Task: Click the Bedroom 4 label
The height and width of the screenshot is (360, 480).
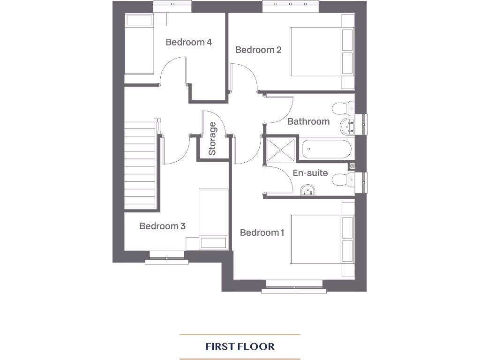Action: pyautogui.click(x=188, y=42)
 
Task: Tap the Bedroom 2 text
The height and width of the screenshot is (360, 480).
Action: pyautogui.click(x=258, y=50)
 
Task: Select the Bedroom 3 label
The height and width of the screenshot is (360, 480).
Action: pyautogui.click(x=162, y=226)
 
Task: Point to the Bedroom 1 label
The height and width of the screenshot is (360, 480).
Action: pyautogui.click(x=262, y=232)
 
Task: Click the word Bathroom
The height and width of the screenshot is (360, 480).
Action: pyautogui.click(x=308, y=121)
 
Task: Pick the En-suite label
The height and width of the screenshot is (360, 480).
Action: pyautogui.click(x=310, y=173)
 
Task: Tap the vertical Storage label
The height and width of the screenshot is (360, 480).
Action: pyautogui.click(x=212, y=138)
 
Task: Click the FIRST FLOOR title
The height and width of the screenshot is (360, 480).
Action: pyautogui.click(x=240, y=347)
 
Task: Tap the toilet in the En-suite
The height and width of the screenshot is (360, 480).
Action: pyautogui.click(x=342, y=179)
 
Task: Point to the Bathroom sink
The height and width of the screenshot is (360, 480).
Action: pyautogui.click(x=348, y=126)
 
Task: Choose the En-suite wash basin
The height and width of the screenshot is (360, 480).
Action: pyautogui.click(x=308, y=189)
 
